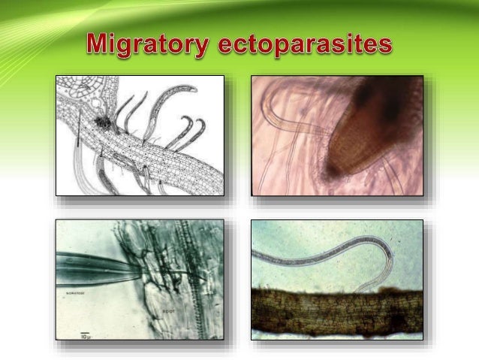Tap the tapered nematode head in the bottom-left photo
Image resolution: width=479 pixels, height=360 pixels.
tap(113, 265)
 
